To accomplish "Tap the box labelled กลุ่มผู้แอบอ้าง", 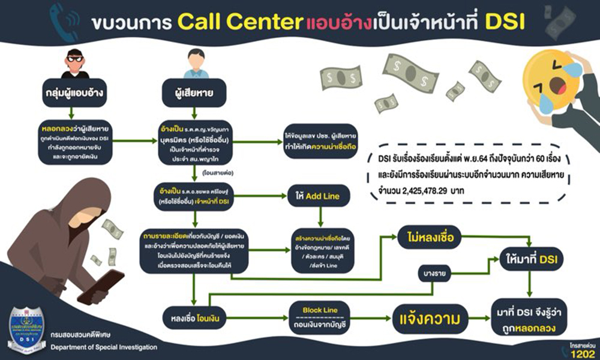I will point(70,94).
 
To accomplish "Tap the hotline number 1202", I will point(581,352).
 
